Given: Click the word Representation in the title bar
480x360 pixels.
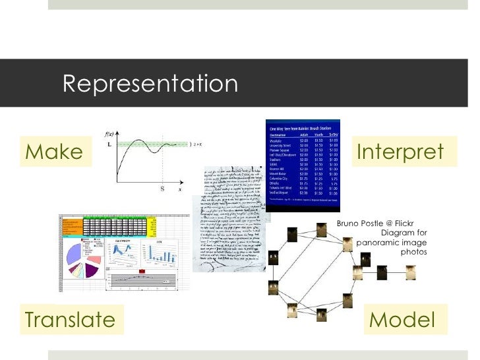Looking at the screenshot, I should [150, 84].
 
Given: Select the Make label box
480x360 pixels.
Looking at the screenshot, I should [54, 152].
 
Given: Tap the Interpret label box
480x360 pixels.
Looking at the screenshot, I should [400, 152].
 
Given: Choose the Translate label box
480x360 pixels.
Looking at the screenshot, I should [69, 320].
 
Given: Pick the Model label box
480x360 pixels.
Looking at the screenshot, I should [402, 320].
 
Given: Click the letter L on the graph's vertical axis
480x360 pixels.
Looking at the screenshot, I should [109, 144].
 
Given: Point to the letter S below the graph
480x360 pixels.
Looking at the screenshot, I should [162, 189].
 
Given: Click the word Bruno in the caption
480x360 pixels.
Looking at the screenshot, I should [349, 223].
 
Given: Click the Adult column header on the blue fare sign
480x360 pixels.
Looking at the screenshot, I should [304, 135].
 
